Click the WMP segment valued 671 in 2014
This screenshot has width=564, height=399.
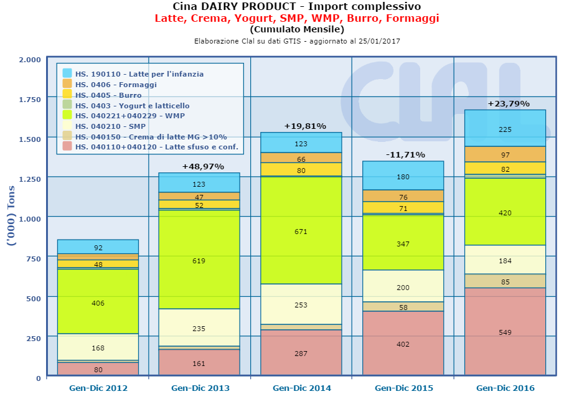click(x=301, y=231)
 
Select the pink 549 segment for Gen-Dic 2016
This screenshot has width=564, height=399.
click(x=505, y=332)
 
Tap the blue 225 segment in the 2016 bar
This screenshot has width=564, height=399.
click(x=505, y=129)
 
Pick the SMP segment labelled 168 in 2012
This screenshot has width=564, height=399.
click(x=98, y=347)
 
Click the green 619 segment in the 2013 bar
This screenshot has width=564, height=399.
click(x=199, y=261)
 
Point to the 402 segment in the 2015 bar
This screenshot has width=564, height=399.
click(x=403, y=344)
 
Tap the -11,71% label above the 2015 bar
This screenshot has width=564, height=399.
click(x=403, y=154)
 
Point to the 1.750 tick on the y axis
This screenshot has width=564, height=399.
click(x=29, y=99)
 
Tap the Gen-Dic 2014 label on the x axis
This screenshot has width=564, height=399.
click(x=301, y=388)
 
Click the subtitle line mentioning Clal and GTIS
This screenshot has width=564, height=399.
click(x=296, y=41)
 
